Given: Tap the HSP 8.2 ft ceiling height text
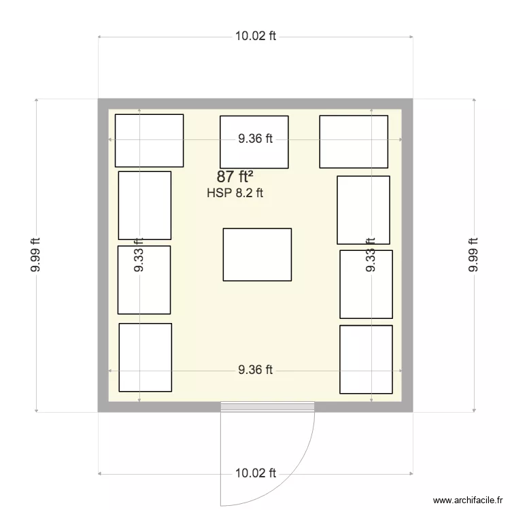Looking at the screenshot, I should click(235, 193).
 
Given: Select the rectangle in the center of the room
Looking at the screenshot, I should click(257, 254).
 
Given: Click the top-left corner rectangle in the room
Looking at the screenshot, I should click(149, 140).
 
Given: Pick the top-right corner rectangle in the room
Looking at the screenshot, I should click(354, 141).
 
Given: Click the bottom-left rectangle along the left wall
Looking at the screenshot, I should click(145, 358).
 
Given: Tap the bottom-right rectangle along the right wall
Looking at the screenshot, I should click(366, 359).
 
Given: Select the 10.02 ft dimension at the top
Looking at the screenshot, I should click(255, 37).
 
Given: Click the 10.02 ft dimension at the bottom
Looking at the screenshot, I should click(255, 473).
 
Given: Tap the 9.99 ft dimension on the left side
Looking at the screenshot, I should click(35, 255).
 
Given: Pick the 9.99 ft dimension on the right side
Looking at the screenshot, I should click(473, 255).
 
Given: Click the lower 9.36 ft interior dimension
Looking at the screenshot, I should click(255, 370).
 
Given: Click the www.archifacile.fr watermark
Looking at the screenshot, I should click(467, 498).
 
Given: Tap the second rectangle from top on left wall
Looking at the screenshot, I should click(145, 205).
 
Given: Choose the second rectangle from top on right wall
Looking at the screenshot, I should click(363, 210).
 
